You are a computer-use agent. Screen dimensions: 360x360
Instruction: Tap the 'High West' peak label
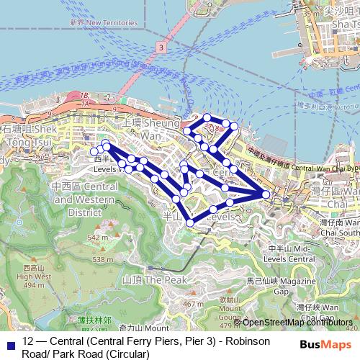(33, 275)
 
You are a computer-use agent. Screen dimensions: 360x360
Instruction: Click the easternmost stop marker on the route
(266, 194)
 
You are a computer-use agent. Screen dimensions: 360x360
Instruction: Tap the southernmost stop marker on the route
(190, 222)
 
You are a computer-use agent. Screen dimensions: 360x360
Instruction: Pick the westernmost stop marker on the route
(93, 151)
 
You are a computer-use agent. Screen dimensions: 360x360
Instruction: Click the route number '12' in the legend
(28, 341)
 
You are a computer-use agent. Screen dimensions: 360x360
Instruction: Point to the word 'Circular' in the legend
(126, 354)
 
